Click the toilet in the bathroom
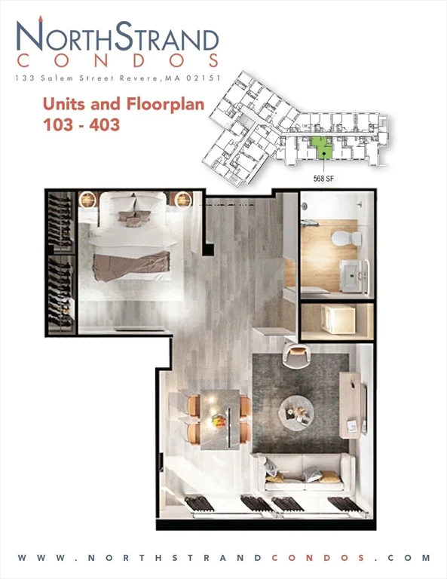(347, 238)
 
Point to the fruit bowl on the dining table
(219, 419)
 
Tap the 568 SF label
(323, 179)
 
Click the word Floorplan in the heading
(165, 105)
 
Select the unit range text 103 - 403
(81, 125)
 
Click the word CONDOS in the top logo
(118, 61)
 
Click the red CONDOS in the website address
(319, 558)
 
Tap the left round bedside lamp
(88, 200)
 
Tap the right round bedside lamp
(183, 200)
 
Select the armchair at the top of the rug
(296, 355)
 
